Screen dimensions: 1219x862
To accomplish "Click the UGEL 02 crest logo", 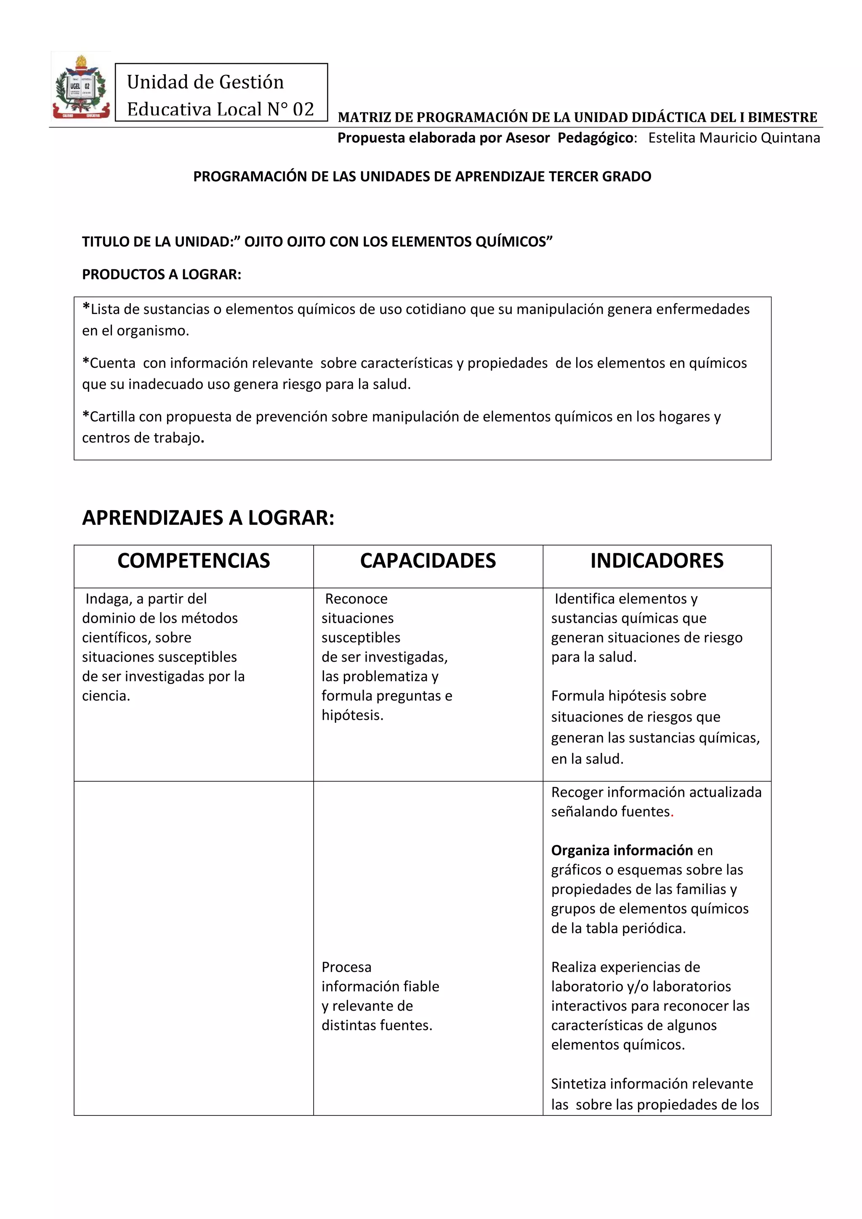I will point(81,87).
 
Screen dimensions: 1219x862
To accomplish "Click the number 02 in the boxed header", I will point(303,109).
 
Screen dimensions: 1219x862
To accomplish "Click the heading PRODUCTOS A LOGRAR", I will point(161,274).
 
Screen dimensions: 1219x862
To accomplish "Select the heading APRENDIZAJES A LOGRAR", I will point(208,518).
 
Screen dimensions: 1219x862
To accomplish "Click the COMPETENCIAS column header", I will point(193,561).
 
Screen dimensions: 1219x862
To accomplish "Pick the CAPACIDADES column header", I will point(428,561).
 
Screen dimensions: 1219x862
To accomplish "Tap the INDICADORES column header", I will point(657,561).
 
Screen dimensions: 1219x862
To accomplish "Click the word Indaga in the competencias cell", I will point(108,599).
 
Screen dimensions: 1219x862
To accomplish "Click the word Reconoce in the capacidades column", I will point(356,599).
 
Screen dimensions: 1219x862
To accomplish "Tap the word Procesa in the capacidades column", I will point(346,967).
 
